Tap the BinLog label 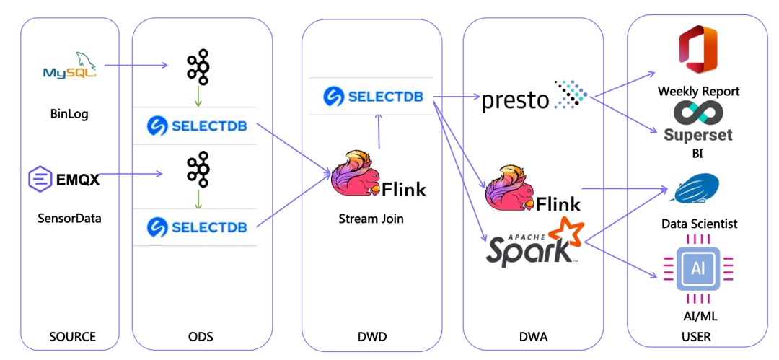tap(69, 114)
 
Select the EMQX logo tap(63, 178)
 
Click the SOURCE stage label tap(72, 336)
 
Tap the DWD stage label tap(372, 336)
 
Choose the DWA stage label tap(534, 336)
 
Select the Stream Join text tap(371, 218)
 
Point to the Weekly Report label tap(698, 92)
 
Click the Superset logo tap(698, 123)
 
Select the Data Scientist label tap(700, 224)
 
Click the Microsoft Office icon tap(697, 49)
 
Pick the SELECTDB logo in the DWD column tap(372, 96)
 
